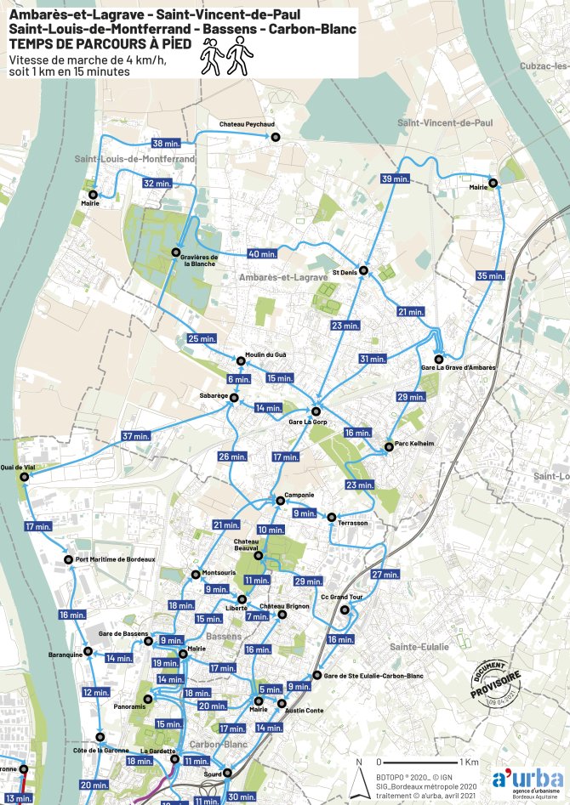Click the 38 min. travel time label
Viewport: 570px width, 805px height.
coord(166,143)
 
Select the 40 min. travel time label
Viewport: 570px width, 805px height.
coord(263,253)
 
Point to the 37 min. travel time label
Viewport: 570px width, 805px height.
coord(135,436)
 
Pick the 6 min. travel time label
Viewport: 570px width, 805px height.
coord(238,378)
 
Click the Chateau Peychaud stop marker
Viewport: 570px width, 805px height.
coord(275,137)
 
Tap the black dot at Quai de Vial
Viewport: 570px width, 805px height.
coord(24,478)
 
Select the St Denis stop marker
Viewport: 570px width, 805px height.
coord(363,270)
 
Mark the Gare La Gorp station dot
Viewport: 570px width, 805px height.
coord(316,410)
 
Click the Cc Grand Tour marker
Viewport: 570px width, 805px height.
coord(345,610)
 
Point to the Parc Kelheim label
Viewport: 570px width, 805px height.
coord(415,444)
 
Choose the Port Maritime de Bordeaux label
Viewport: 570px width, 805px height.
coord(115,559)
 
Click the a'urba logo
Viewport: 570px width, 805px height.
coord(527,780)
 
